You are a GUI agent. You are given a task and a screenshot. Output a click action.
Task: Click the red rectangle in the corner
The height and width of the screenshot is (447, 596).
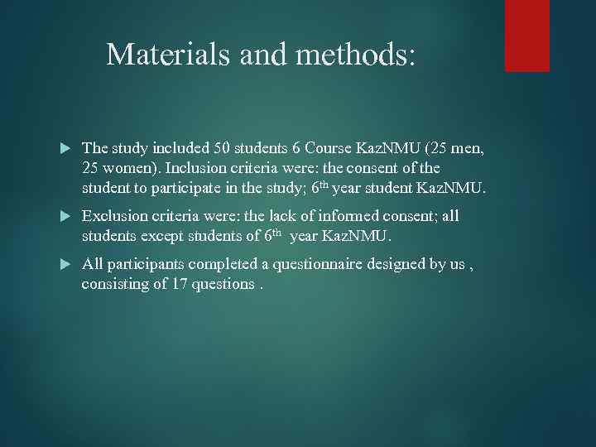pyautogui.click(x=527, y=36)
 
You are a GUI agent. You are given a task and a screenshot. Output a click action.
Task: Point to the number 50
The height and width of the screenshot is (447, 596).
pyautogui.click(x=223, y=149)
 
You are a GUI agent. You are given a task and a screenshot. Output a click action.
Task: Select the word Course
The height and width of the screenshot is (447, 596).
pyautogui.click(x=329, y=149)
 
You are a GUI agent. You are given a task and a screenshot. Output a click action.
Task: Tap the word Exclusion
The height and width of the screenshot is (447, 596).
pyautogui.click(x=116, y=216)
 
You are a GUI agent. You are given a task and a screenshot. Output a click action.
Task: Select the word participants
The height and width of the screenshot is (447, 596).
pyautogui.click(x=145, y=264)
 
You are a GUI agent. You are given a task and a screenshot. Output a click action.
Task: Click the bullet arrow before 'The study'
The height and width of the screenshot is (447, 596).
pyautogui.click(x=66, y=149)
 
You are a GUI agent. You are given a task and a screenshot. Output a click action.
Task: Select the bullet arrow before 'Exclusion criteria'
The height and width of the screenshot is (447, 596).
pyautogui.click(x=66, y=217)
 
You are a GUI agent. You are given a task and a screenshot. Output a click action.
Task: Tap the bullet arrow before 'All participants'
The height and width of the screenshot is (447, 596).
pyautogui.click(x=66, y=264)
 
